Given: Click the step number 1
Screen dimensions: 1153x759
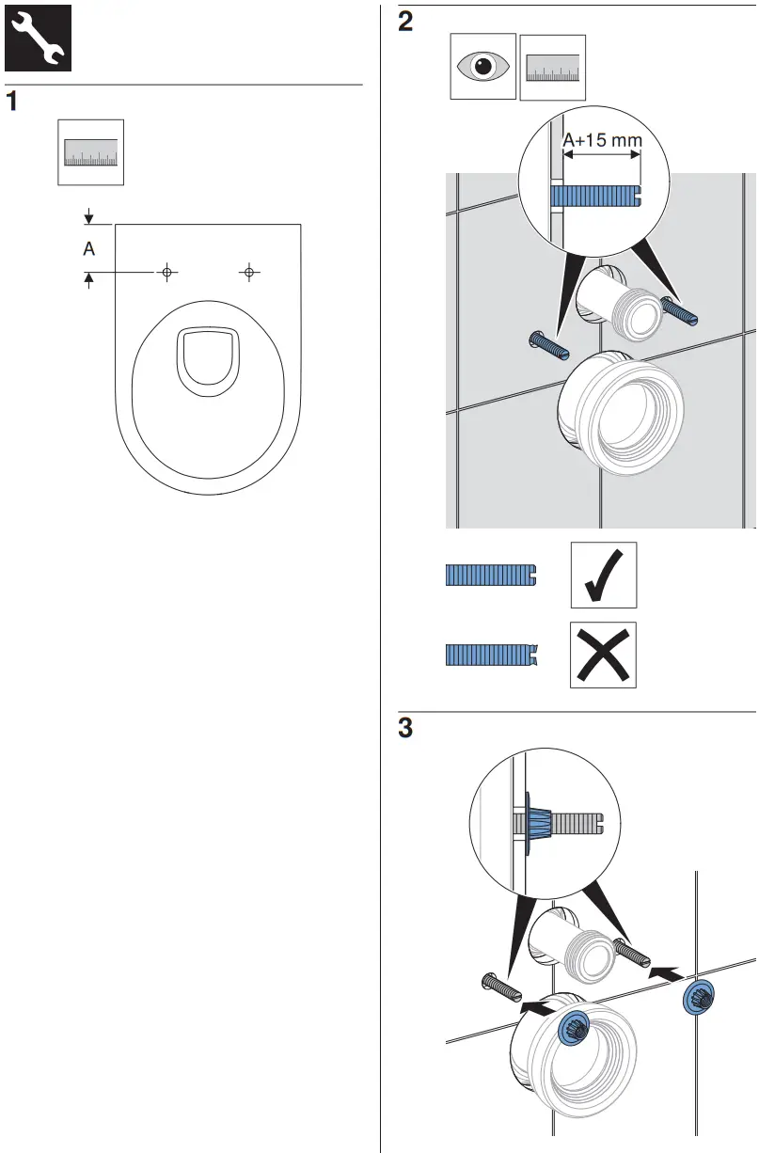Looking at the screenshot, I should pyautogui.click(x=13, y=102).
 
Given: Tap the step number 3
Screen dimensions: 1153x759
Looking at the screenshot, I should pyautogui.click(x=405, y=728).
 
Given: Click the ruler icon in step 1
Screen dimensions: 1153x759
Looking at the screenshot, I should pyautogui.click(x=90, y=152).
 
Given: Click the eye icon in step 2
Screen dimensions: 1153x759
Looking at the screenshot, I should pyautogui.click(x=482, y=67).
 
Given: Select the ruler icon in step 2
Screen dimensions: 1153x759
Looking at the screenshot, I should pyautogui.click(x=552, y=68).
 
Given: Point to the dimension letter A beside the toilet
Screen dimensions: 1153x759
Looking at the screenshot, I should pyautogui.click(x=89, y=249).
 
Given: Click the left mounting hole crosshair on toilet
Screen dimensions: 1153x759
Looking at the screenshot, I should pyautogui.click(x=166, y=272).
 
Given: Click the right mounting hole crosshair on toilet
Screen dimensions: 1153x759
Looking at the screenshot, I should pyautogui.click(x=248, y=272).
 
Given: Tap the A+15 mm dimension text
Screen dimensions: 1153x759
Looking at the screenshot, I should pyautogui.click(x=602, y=141).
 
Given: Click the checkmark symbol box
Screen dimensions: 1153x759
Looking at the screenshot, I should pyautogui.click(x=603, y=575).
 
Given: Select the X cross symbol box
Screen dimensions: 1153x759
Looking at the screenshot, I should pyautogui.click(x=603, y=655).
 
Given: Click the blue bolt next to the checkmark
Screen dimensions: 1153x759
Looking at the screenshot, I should pyautogui.click(x=490, y=575).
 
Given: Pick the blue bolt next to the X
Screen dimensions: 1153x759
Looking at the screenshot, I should pyautogui.click(x=490, y=655).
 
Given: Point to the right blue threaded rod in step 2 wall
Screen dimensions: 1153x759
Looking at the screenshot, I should pyautogui.click(x=677, y=309).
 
